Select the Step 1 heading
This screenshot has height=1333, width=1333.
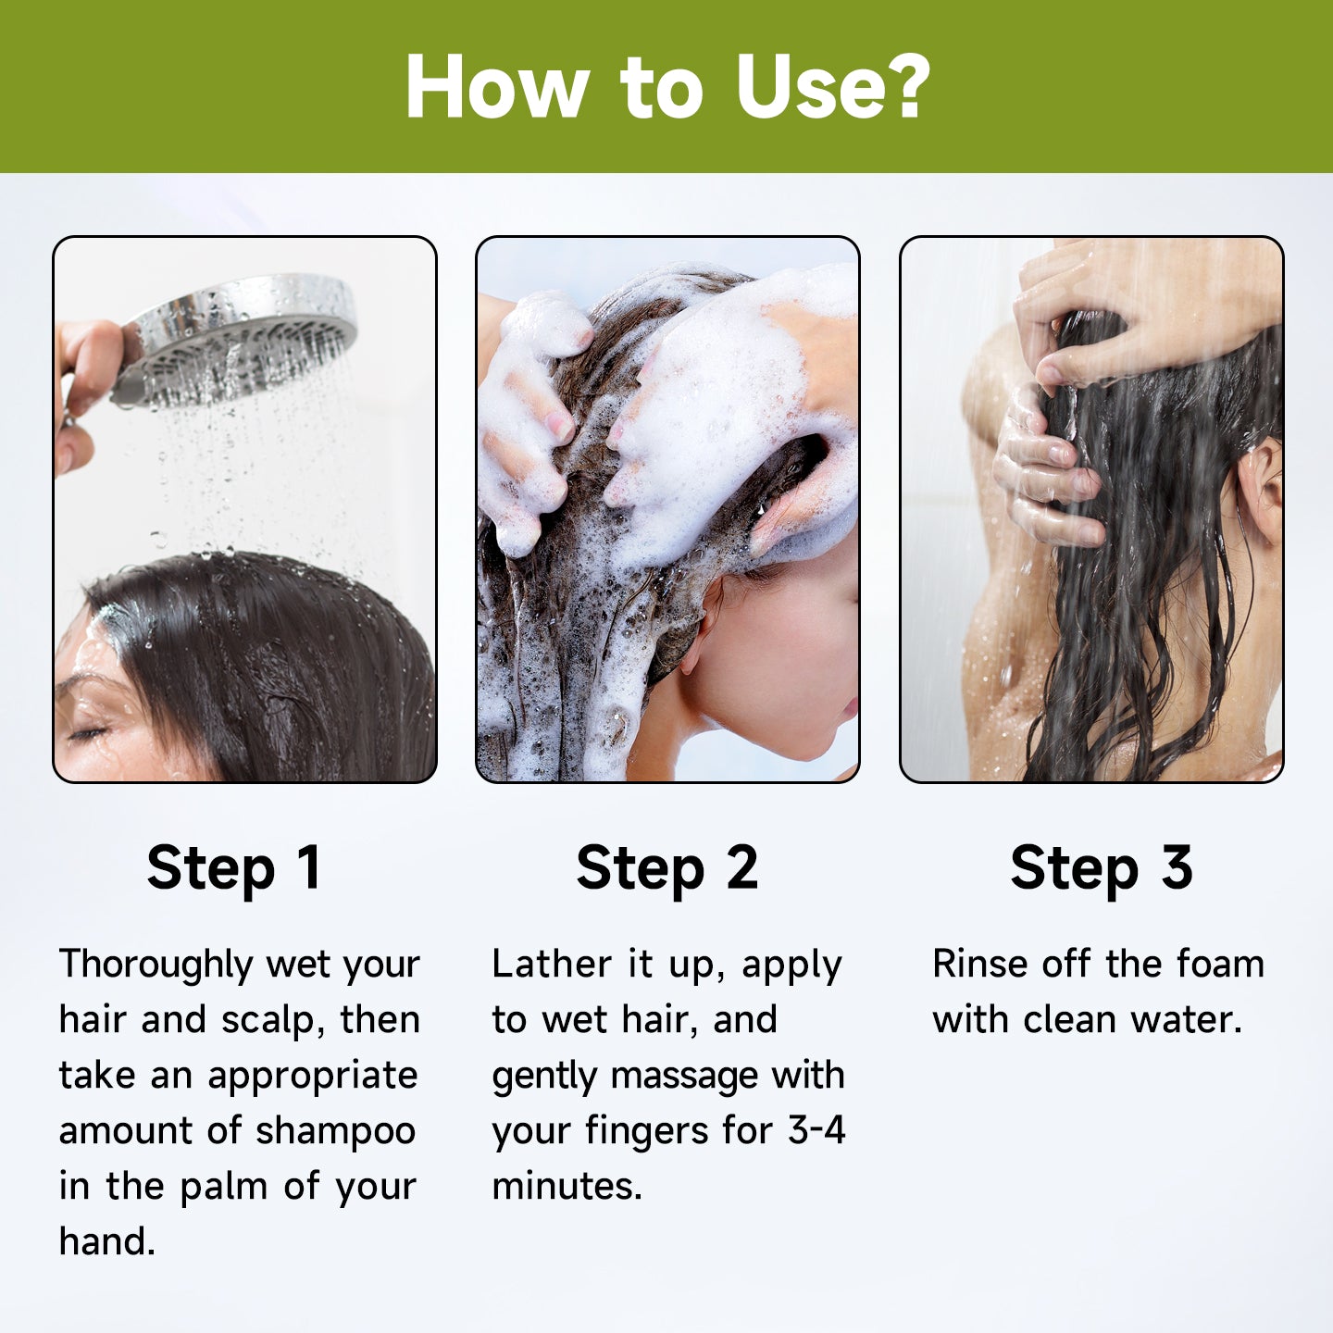[x=233, y=868]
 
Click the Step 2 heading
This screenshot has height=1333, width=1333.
[x=666, y=868]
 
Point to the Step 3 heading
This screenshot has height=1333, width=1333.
[x=1101, y=868]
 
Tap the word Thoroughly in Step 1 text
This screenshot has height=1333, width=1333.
[x=156, y=965]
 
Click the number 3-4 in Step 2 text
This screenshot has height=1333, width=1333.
[x=816, y=1131]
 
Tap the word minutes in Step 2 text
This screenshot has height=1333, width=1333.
[x=566, y=1187]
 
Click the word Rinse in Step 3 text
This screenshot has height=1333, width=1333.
[x=978, y=965]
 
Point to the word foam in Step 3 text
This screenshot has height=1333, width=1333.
[x=1219, y=965]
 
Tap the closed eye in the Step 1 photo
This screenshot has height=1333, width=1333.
[x=88, y=734]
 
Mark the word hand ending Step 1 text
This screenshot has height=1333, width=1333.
[x=106, y=1242]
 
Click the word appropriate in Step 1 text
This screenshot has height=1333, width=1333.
[x=312, y=1077]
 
